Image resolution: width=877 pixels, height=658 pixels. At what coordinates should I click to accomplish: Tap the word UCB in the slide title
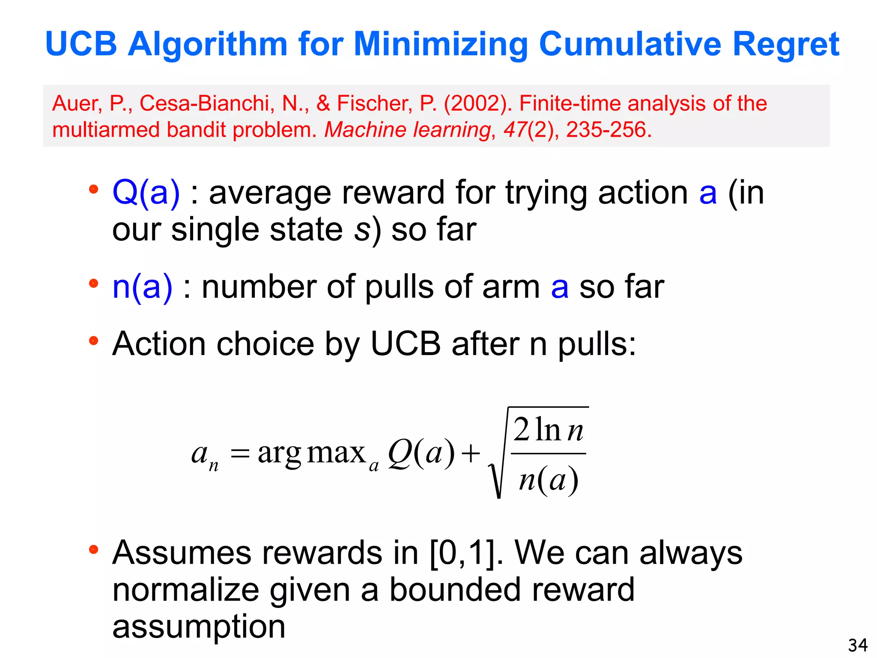(81, 44)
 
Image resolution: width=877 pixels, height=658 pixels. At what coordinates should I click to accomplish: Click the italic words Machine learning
(407, 129)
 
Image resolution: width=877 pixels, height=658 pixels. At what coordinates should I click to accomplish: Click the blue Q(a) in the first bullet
(146, 192)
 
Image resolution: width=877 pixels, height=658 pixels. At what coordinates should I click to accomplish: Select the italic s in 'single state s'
(362, 230)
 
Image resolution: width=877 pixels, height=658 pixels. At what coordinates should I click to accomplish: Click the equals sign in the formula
(240, 453)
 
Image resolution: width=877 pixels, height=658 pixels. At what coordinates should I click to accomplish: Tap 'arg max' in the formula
(311, 453)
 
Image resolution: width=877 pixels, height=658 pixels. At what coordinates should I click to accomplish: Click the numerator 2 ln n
(548, 430)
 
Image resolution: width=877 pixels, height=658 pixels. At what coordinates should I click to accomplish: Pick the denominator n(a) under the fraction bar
(548, 480)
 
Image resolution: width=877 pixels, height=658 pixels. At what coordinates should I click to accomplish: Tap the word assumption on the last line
(199, 626)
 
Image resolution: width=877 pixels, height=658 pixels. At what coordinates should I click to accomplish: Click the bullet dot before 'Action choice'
(93, 341)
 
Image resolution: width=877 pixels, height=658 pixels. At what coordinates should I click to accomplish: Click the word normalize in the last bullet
(186, 590)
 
